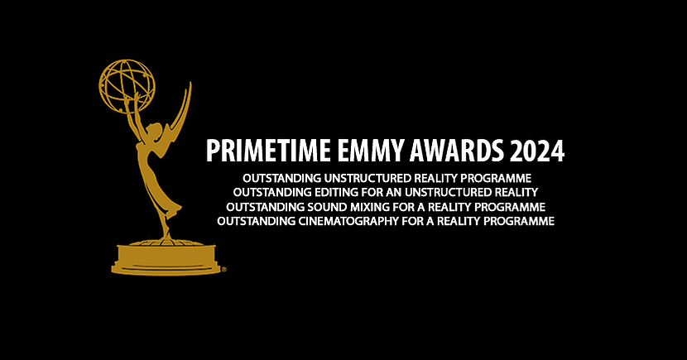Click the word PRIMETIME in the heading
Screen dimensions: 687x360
coord(268,151)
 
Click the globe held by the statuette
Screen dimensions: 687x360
coord(127,86)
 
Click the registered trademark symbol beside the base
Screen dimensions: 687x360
coord(223,270)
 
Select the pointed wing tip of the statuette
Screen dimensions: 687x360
coord(190,84)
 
